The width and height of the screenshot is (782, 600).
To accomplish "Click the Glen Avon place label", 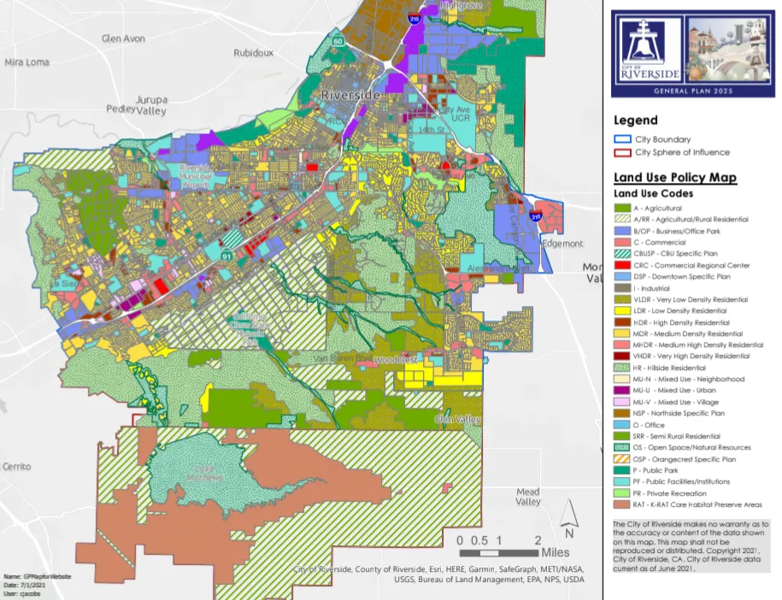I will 123,38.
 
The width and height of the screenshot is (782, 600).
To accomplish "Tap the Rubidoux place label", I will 253,52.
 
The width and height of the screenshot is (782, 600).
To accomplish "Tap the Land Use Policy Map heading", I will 675,179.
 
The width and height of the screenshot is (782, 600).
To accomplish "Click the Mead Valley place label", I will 528,497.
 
